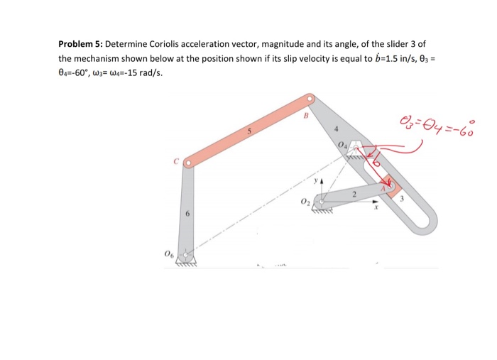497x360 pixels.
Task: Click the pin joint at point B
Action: [309, 100]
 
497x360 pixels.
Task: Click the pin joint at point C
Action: [187, 163]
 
